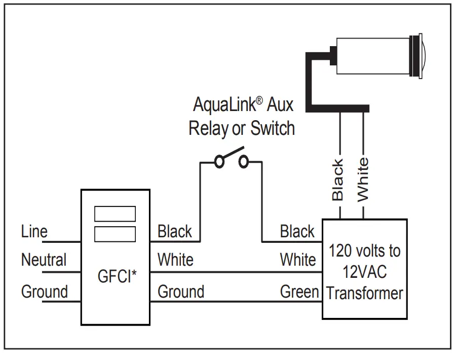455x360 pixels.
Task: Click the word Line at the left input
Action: coord(34,232)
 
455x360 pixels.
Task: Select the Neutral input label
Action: coord(44,260)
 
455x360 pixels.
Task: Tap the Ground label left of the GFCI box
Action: coord(44,292)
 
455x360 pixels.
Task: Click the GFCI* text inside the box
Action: coord(116,277)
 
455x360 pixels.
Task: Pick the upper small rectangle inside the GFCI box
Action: coord(116,214)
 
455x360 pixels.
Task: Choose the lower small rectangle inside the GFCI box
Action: coord(116,234)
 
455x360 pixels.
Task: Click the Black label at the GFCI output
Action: coord(175,232)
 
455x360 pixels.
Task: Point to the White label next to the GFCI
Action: coord(175,260)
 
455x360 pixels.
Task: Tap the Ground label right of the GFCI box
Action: coord(181,292)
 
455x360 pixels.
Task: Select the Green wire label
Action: coord(299,292)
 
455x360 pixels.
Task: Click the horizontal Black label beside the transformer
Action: coord(297,232)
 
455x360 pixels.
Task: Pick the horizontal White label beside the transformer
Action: coord(298,260)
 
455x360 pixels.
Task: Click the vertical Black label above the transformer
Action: coord(337,180)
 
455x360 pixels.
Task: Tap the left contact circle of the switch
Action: coord(219,162)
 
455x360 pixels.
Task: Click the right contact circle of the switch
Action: coord(243,162)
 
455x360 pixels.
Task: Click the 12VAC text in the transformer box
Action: coord(364,272)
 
